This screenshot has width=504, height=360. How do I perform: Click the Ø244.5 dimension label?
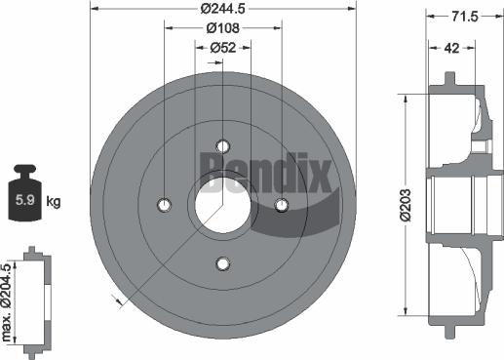click(x=222, y=9)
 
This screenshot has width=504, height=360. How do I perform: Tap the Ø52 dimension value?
click(x=222, y=47)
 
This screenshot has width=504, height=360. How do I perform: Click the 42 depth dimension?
click(x=450, y=46)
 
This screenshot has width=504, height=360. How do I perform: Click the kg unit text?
click(x=54, y=202)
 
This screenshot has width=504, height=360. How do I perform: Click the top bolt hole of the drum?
click(x=222, y=145)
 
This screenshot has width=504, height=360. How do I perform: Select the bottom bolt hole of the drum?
click(x=222, y=263)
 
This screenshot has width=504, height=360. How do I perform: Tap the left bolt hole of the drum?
click(x=164, y=205)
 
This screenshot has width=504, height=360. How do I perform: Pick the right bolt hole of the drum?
click(x=282, y=205)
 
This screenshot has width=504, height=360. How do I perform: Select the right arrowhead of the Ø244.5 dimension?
click(x=352, y=9)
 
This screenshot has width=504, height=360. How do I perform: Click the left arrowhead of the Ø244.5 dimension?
click(x=94, y=9)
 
